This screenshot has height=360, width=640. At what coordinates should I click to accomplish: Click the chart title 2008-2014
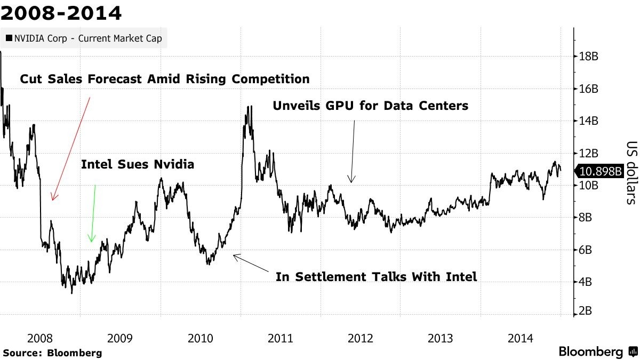(61, 13)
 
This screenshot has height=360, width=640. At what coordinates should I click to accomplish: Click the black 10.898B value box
(601, 171)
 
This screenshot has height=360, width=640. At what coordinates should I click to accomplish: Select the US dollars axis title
(631, 173)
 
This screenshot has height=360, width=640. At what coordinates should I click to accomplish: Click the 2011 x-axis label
(281, 338)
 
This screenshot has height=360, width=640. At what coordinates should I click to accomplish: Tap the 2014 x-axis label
(521, 338)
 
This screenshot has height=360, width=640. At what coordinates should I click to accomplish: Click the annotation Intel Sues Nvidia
(138, 165)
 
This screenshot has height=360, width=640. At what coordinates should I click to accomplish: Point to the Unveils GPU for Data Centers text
(370, 106)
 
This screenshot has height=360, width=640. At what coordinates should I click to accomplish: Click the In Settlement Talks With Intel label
(375, 277)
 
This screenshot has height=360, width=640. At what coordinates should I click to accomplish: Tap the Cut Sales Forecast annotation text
(165, 79)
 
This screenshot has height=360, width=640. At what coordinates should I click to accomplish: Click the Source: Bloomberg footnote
(52, 353)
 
